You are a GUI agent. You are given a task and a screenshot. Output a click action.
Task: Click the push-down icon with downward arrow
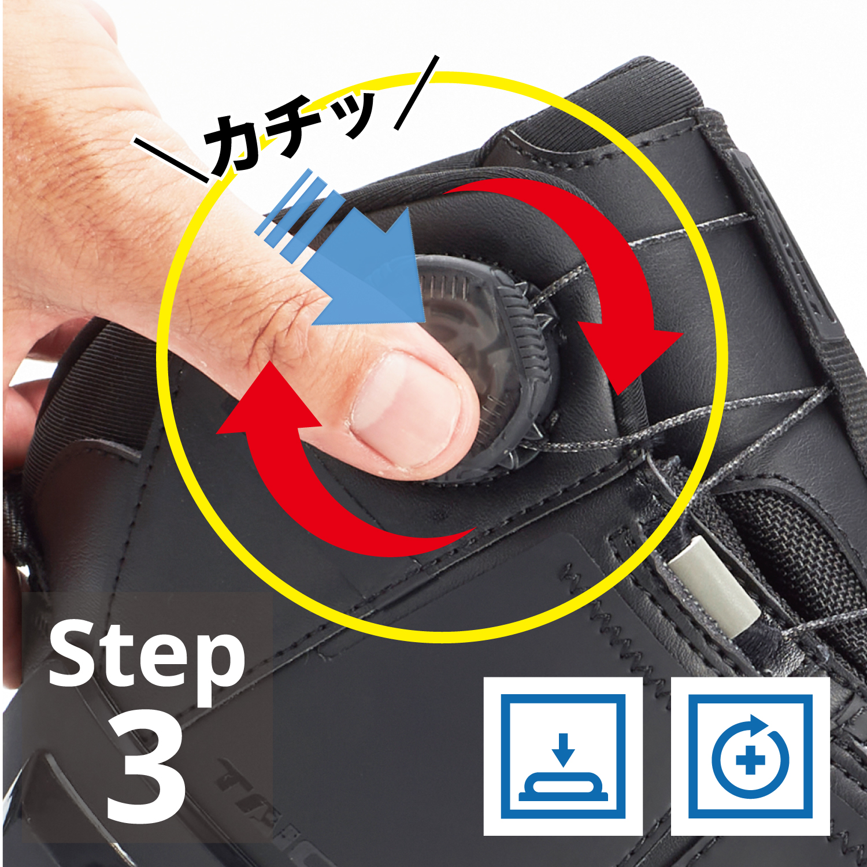coord(563,756)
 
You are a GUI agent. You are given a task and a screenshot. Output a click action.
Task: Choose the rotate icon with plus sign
coord(750,756)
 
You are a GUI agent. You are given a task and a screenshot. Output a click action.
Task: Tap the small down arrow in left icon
coord(563,750)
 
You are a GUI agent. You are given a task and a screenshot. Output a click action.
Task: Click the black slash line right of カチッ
coord(417,92)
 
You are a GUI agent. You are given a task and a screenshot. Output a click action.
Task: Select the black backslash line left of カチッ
coord(172,160)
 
